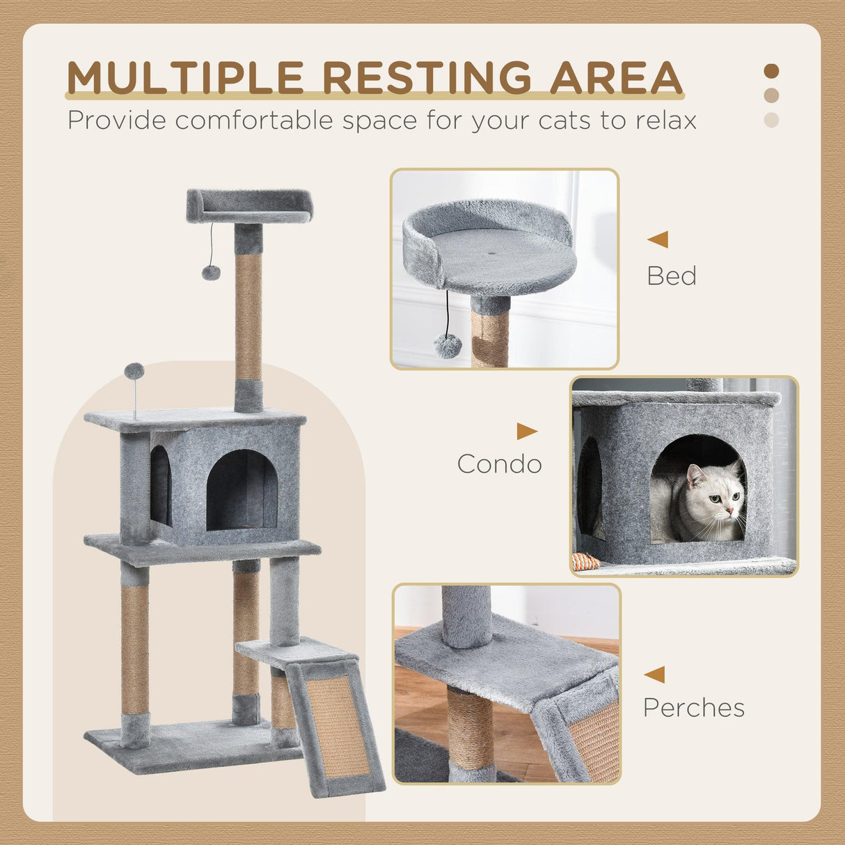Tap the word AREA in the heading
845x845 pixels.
pyautogui.click(x=615, y=77)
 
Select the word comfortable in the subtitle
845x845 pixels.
pyautogui.click(x=255, y=120)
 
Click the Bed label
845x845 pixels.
pyautogui.click(x=671, y=276)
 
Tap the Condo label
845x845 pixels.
pyautogui.click(x=499, y=464)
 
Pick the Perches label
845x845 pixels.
pyautogui.click(x=693, y=707)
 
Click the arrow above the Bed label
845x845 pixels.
pyautogui.click(x=658, y=239)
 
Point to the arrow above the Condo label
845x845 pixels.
pyautogui.click(x=526, y=432)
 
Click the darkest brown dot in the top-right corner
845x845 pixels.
pyautogui.click(x=771, y=71)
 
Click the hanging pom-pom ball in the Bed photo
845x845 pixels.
pyautogui.click(x=447, y=346)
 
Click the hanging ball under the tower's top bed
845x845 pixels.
pyautogui.click(x=211, y=272)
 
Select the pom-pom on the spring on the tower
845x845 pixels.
pyautogui.click(x=134, y=371)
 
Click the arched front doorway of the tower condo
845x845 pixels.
pyautogui.click(x=242, y=490)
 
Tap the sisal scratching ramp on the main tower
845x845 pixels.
pyautogui.click(x=338, y=726)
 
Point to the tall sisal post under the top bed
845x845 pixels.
pyautogui.click(x=248, y=317)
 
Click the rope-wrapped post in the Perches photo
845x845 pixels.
pyautogui.click(x=470, y=728)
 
